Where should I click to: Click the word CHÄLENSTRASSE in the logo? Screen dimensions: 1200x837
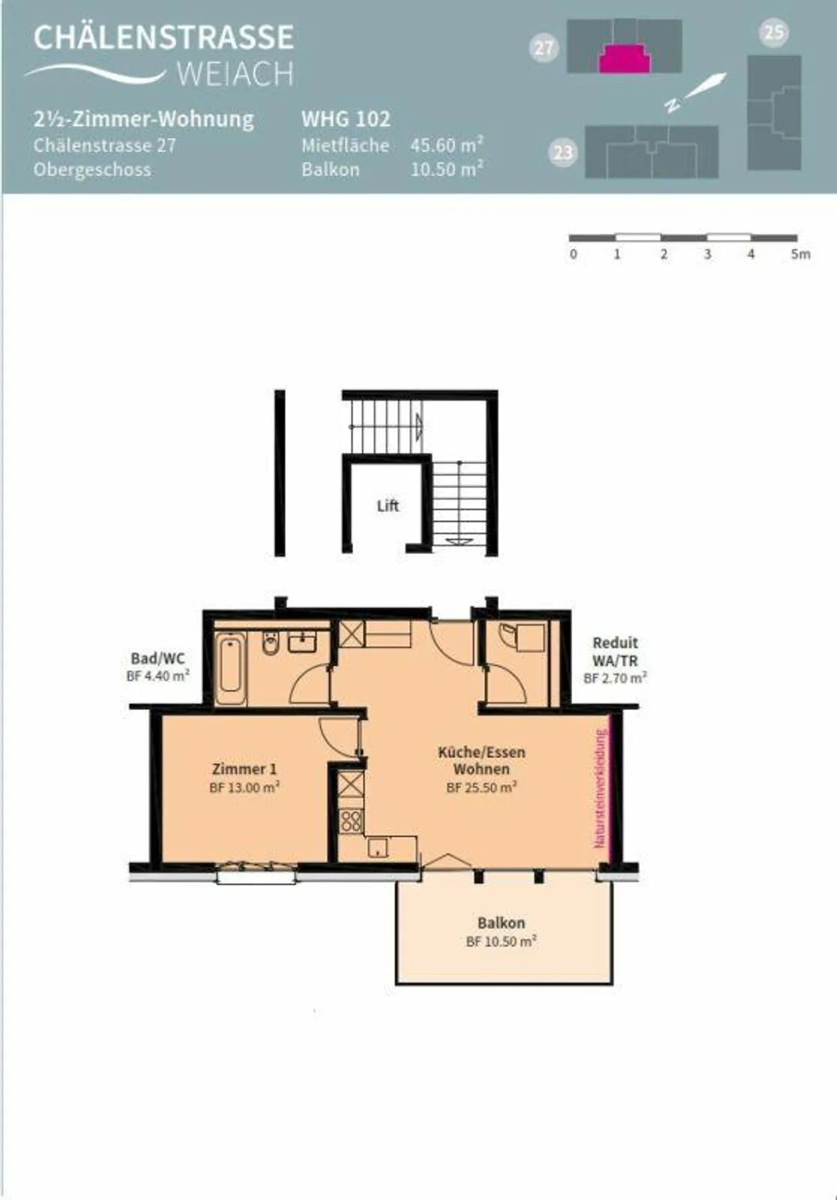[x=163, y=37]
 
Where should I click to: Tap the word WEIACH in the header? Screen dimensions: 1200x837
[x=235, y=74]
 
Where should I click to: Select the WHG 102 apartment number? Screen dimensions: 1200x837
[x=345, y=119]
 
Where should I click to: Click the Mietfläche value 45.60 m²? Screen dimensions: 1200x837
[x=446, y=145]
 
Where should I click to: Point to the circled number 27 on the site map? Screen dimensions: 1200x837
[x=543, y=47]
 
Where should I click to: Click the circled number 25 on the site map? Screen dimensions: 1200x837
[x=774, y=33]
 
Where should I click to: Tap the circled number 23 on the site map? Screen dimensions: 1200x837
[x=562, y=153]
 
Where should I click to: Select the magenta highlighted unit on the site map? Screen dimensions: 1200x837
[x=625, y=58]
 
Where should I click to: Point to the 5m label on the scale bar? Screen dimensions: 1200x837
[x=800, y=254]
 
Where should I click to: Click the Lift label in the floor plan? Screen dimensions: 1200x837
[x=388, y=506]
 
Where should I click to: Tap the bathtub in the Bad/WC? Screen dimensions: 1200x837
[x=231, y=668]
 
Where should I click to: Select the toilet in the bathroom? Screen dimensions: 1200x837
[x=270, y=643]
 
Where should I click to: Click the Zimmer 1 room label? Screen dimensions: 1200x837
[x=244, y=769]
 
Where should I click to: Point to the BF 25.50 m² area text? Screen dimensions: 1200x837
[x=481, y=787]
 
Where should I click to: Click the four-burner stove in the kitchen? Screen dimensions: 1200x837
[x=351, y=821]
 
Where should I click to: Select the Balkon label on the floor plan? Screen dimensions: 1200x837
[x=501, y=923]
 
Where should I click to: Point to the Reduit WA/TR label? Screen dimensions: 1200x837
[x=615, y=651]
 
